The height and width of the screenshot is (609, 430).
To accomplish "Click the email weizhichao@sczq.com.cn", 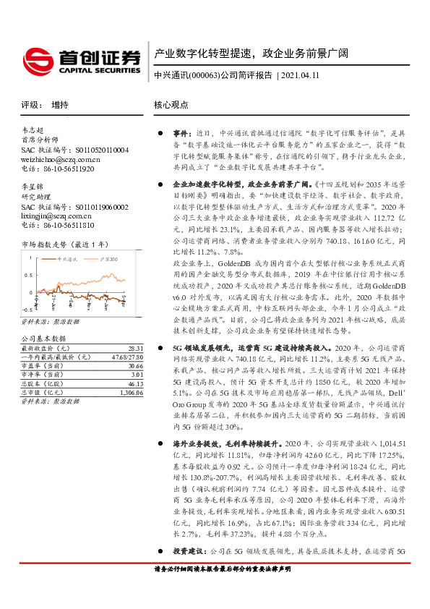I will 60,158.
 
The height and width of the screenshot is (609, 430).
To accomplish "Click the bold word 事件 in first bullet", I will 180,134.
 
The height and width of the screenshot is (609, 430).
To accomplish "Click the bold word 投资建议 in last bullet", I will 186,550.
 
